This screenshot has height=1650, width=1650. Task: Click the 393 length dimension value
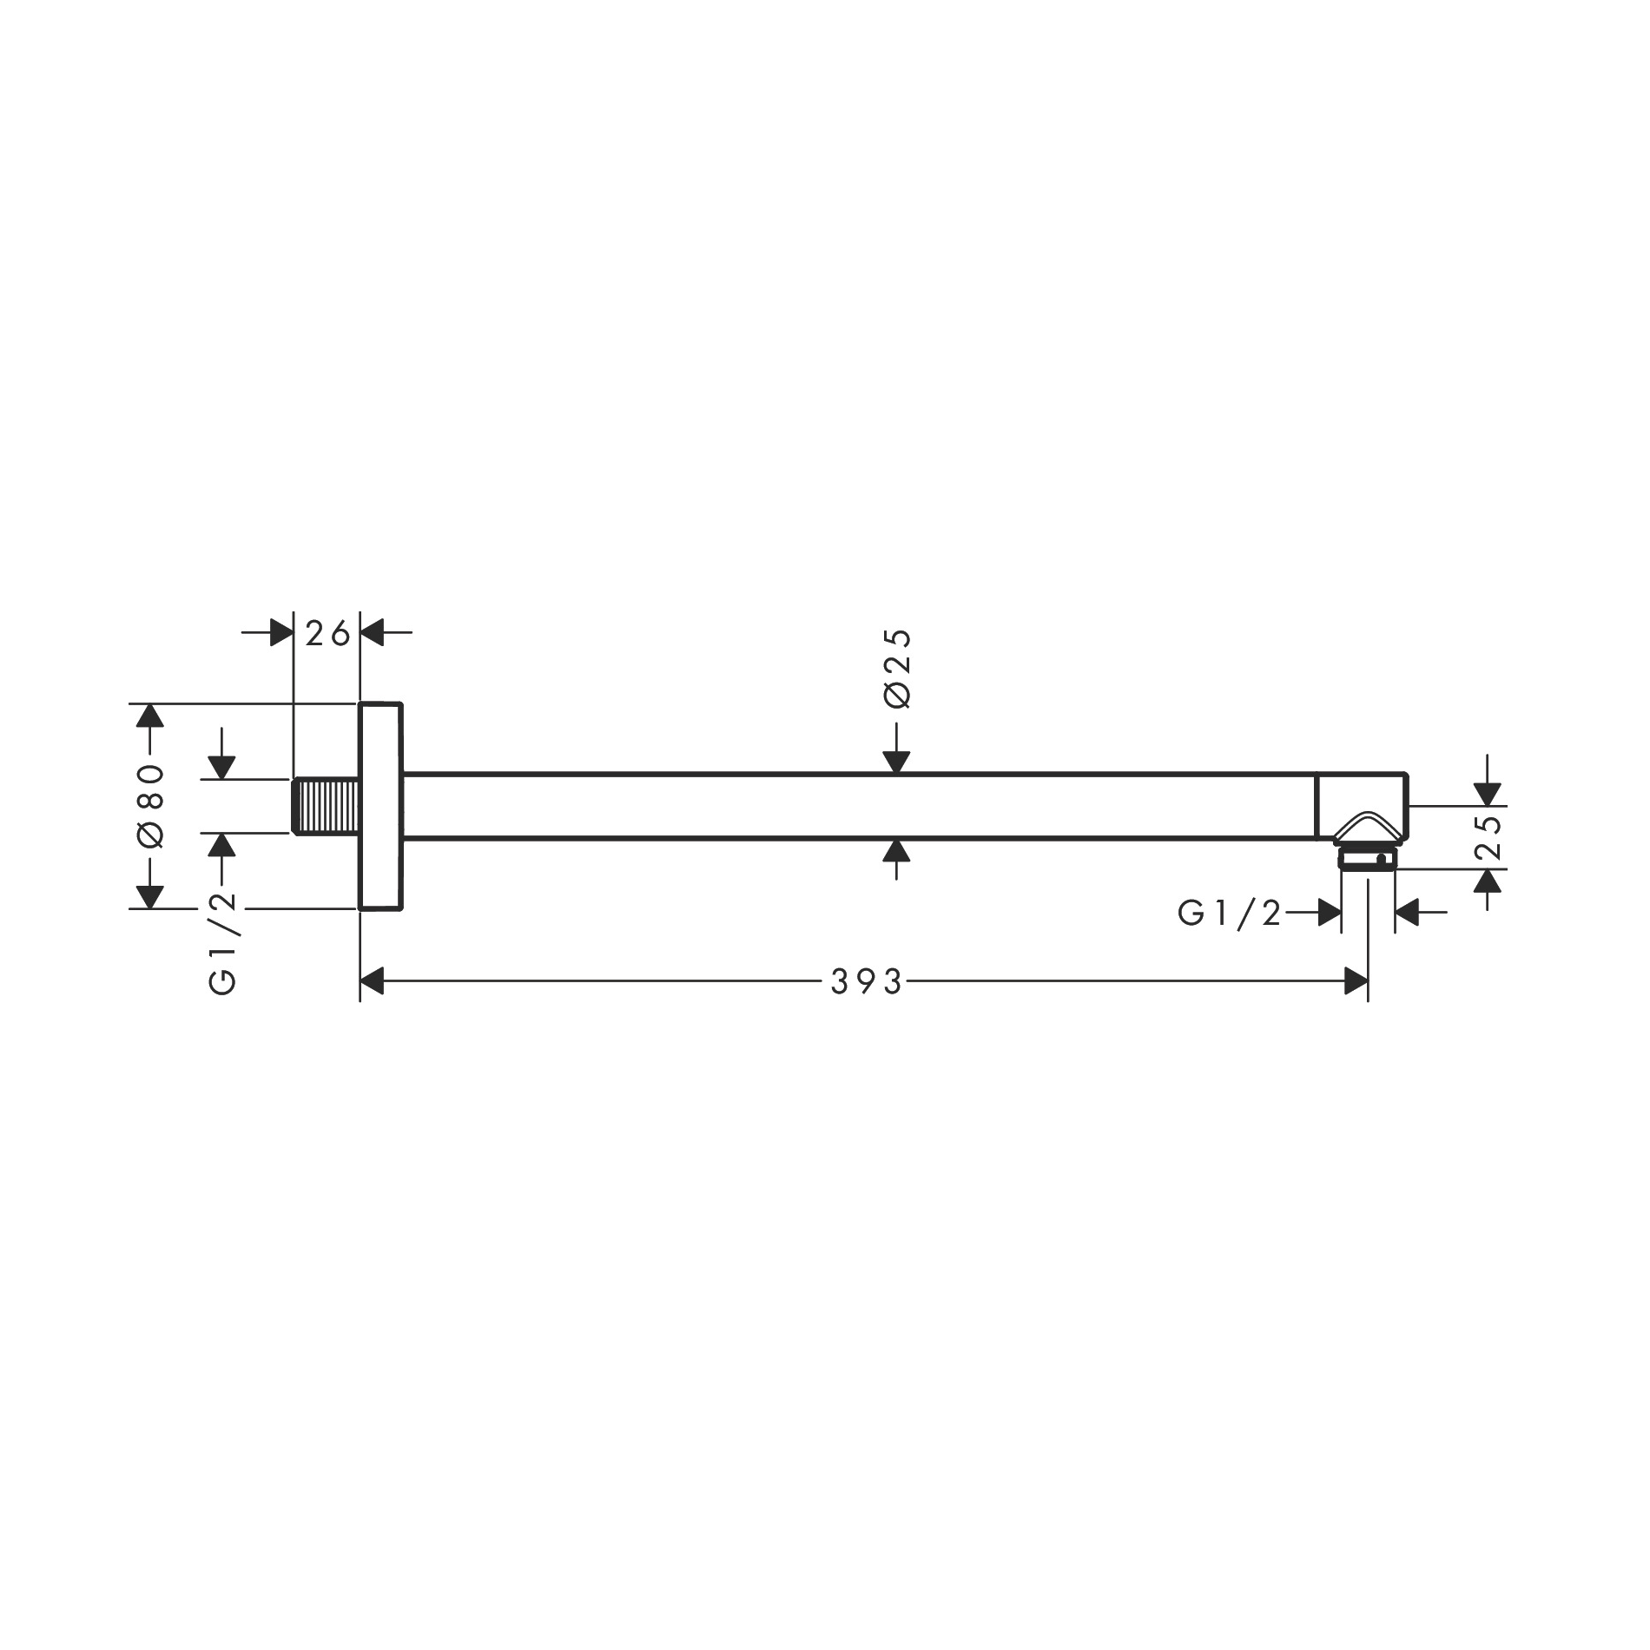pos(867,982)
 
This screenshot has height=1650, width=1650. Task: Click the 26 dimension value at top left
pos(327,634)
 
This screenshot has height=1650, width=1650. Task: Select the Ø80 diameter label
pos(150,806)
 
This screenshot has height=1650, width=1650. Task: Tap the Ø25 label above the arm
pos(898,668)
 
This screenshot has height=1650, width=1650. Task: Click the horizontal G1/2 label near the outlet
pos(1229,913)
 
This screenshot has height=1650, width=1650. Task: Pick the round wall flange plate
pos(380,806)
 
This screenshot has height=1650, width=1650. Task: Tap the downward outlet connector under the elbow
pos(1368,860)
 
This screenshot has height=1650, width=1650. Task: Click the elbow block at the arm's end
pos(1361,803)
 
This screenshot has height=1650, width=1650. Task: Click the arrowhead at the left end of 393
pos(372,982)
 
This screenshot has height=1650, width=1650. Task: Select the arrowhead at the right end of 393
pos(1356,982)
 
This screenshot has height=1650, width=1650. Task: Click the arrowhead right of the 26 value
pos(372,634)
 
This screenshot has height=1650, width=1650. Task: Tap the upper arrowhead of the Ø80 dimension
pos(150,716)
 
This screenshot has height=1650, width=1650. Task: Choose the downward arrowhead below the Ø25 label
pos(896,762)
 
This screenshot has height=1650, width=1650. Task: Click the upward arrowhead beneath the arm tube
pos(896,850)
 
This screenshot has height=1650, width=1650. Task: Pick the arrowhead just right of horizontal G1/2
pos(1328,913)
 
